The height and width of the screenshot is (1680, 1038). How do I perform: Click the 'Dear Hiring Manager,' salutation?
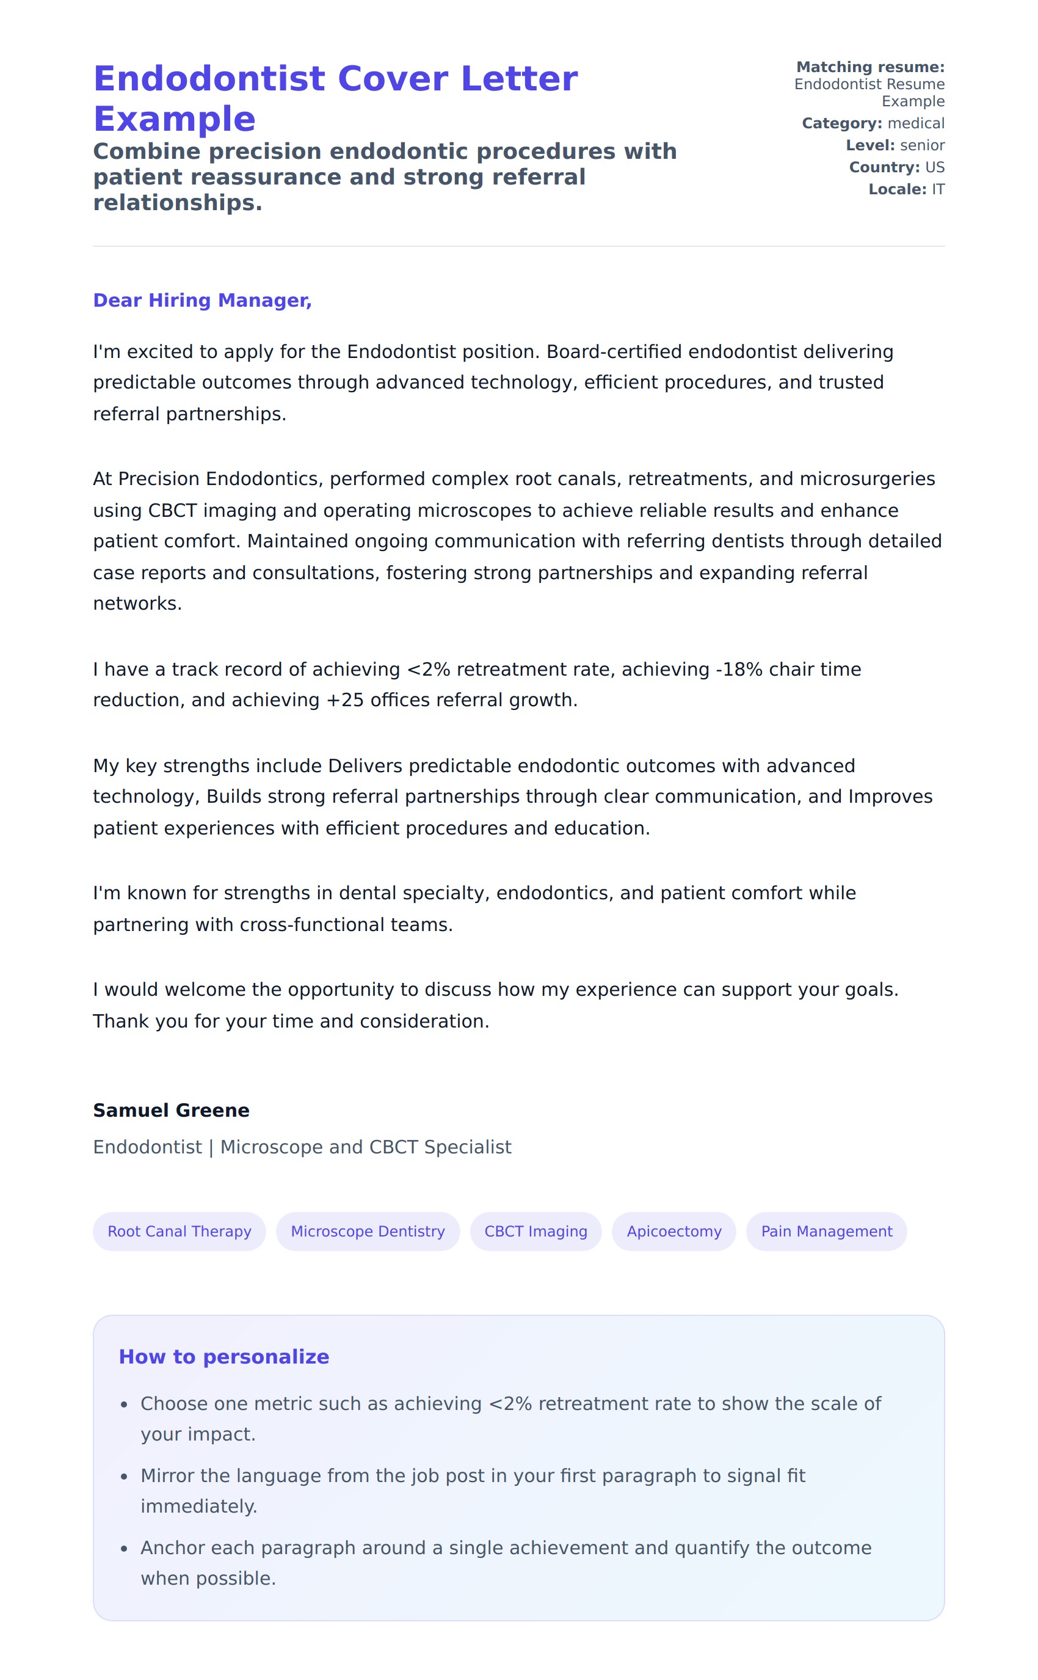click(x=202, y=300)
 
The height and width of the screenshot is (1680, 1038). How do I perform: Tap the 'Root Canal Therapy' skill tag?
click(x=179, y=1231)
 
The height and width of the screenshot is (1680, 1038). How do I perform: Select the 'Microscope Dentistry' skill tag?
click(x=368, y=1231)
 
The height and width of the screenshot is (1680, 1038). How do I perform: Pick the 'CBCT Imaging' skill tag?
click(x=535, y=1231)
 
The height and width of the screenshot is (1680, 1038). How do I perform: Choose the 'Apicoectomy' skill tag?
click(x=673, y=1231)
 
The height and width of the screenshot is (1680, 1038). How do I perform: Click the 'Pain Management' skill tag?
click(x=826, y=1231)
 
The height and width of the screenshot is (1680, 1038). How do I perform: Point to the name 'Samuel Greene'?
click(x=171, y=1110)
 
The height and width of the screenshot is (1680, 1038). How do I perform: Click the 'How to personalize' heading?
click(x=224, y=1356)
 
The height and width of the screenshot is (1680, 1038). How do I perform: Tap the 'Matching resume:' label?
click(x=870, y=67)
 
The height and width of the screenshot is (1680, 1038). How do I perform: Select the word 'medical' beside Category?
click(x=916, y=123)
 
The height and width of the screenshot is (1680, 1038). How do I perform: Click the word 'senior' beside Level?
click(x=922, y=145)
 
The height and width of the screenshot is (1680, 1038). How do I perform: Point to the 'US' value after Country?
click(x=934, y=167)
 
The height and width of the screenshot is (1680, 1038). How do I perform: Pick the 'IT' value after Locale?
click(x=938, y=189)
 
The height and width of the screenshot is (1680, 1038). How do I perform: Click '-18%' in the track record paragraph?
click(x=739, y=669)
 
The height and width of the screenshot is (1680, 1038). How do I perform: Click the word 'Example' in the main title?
click(x=175, y=119)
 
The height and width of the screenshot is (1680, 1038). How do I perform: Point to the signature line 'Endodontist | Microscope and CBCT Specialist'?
click(x=302, y=1147)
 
